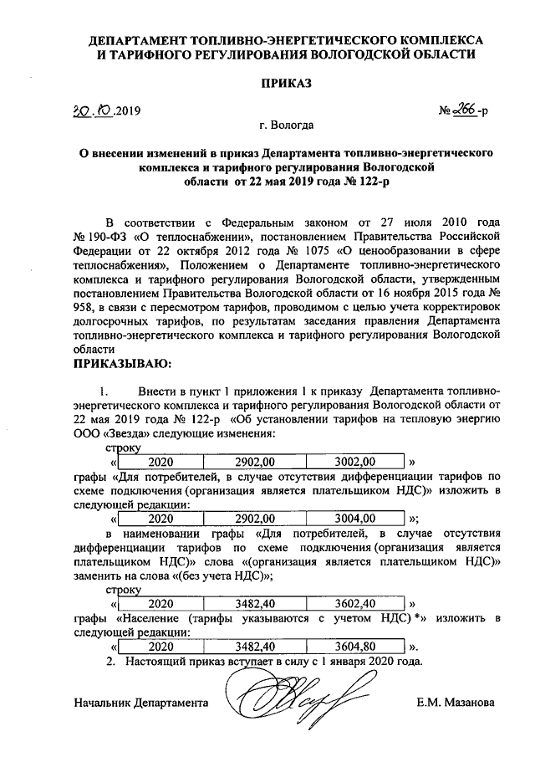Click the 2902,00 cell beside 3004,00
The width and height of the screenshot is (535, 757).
[x=255, y=518]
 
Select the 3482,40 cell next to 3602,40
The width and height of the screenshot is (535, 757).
[x=255, y=603]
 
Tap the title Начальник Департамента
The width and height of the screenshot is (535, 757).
[x=140, y=703]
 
